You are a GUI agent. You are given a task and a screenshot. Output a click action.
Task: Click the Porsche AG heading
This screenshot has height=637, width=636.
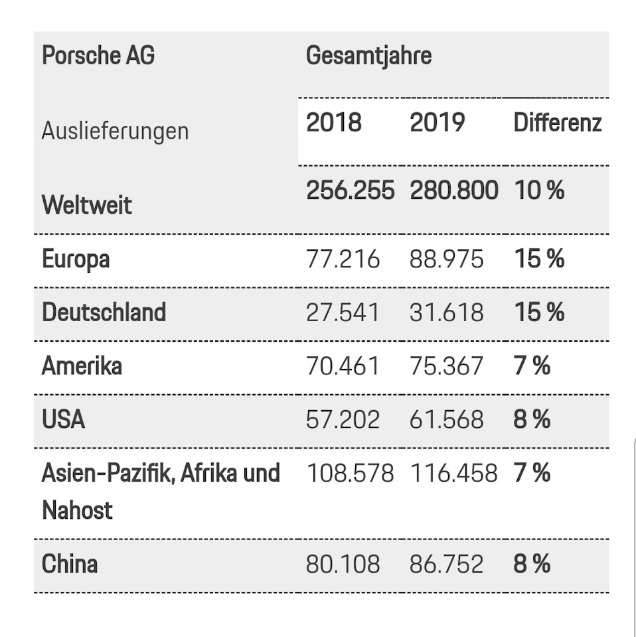98,56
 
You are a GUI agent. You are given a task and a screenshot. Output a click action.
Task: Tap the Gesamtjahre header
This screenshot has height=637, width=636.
368,56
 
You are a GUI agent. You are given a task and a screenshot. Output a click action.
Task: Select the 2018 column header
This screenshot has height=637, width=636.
334,123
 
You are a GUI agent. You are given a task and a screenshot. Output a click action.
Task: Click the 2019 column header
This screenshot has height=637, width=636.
437,123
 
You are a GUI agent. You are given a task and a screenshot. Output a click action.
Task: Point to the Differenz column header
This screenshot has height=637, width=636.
558,123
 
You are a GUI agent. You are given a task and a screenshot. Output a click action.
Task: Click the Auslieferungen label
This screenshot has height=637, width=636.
115,131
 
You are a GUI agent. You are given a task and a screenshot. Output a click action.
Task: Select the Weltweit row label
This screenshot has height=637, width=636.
87,204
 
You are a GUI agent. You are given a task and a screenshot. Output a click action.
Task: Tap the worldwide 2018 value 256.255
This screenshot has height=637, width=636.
350,190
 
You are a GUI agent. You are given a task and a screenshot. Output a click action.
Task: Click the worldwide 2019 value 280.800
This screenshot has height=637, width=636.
454,190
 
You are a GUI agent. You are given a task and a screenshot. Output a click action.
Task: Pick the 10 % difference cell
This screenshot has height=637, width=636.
539,190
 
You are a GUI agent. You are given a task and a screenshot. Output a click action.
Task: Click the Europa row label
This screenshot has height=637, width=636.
76,259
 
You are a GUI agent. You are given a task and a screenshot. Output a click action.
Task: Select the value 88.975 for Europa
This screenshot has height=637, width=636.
447,259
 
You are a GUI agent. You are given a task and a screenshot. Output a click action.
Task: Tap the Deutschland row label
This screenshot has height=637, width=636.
104,312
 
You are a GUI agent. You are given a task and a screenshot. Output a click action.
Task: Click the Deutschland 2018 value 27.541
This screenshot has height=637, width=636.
343,312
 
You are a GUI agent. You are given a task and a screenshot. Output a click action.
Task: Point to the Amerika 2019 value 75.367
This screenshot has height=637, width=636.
447,366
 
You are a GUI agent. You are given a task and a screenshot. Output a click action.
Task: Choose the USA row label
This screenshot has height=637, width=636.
63,419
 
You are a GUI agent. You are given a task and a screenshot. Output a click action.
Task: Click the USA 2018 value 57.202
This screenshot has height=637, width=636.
343,419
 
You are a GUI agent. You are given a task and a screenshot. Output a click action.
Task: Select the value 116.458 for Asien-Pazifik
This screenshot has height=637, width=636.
453,473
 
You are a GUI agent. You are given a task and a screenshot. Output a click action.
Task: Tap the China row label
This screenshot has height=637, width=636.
70,564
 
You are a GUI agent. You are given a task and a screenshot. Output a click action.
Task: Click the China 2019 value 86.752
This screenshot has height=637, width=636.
447,564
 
